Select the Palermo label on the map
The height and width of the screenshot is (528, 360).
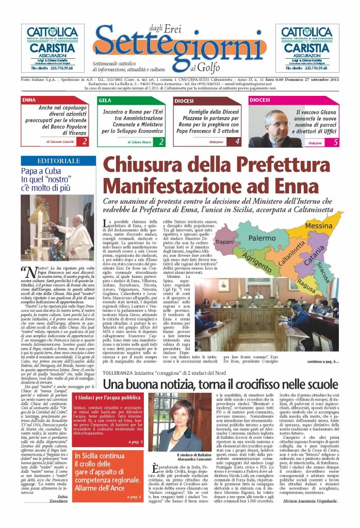(x=262, y=239)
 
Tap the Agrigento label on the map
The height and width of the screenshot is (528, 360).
(x=255, y=261)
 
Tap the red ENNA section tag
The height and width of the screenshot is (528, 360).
(x=30, y=101)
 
